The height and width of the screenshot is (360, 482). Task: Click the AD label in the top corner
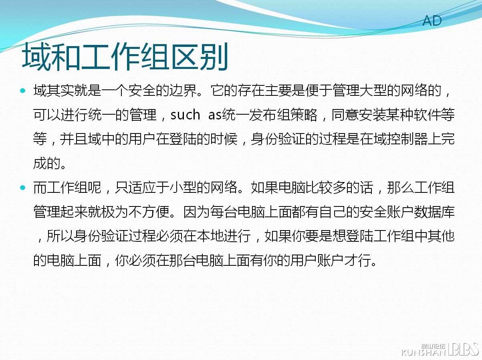432,21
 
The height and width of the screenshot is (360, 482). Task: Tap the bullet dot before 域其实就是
22,91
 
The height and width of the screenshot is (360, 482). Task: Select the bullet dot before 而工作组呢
22,188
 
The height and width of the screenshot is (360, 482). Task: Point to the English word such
185,115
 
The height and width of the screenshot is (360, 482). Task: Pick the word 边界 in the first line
183,91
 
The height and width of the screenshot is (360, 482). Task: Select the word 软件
427,115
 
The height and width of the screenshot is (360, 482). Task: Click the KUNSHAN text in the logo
424,352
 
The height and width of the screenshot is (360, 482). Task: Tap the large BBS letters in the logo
463,349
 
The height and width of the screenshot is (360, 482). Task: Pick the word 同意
345,115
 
